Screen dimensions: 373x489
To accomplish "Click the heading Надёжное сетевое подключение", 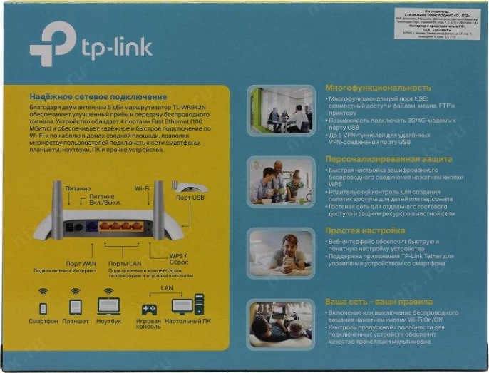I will pyautogui.click(x=98, y=96).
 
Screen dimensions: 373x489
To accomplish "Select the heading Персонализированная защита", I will pyautogui.click(x=388, y=159).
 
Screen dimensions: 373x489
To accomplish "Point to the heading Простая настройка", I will pyautogui.click(x=364, y=230).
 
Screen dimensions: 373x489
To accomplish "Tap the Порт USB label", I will pyautogui.click(x=190, y=198).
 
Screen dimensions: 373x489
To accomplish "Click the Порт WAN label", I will pyautogui.click(x=81, y=262).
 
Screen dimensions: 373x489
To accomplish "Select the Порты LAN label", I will pyautogui.click(x=123, y=262).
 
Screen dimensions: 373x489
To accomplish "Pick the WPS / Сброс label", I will pyautogui.click(x=177, y=259).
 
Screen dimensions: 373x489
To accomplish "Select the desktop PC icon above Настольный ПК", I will pyautogui.click(x=187, y=306).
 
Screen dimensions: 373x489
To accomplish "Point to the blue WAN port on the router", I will pyautogui.click(x=91, y=226).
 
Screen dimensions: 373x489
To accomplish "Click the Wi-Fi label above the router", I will pyautogui.click(x=142, y=188).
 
